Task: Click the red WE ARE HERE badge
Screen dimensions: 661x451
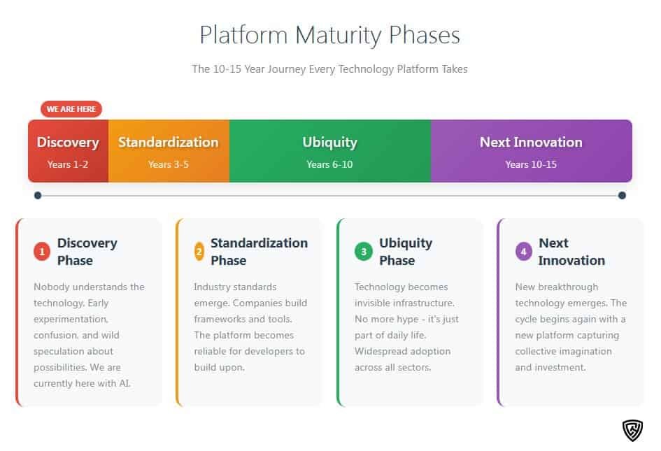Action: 71,109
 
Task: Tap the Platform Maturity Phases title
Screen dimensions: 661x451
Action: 329,35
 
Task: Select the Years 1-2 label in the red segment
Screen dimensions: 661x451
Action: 67,164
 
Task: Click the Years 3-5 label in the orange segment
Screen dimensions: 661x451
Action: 168,164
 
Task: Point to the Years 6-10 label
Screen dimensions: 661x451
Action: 329,164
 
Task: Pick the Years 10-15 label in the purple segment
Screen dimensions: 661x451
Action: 531,164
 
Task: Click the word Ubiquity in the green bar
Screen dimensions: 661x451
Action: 329,143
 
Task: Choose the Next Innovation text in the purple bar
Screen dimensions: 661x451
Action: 531,142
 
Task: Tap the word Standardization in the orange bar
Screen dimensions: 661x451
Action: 168,142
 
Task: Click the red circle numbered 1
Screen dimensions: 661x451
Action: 42,252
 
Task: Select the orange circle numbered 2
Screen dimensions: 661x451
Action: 199,252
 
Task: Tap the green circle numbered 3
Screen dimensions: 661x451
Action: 364,252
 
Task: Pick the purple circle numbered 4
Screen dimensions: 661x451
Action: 524,252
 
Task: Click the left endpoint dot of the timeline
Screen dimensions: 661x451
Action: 38,195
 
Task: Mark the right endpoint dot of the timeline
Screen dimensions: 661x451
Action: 622,195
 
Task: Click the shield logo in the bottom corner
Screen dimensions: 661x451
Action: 633,430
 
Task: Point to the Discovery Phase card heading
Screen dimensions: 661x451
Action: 87,252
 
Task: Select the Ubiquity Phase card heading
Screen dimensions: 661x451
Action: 406,252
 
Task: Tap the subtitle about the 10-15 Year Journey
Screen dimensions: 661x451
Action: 329,69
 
